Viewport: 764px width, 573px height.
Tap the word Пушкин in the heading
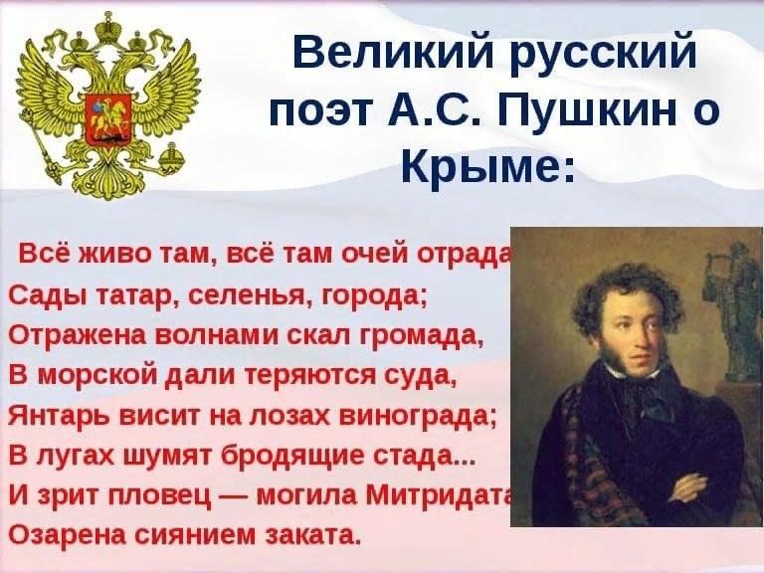coord(585,110)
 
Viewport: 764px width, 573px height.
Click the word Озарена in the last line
coord(65,534)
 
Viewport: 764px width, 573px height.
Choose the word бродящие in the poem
coord(292,457)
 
